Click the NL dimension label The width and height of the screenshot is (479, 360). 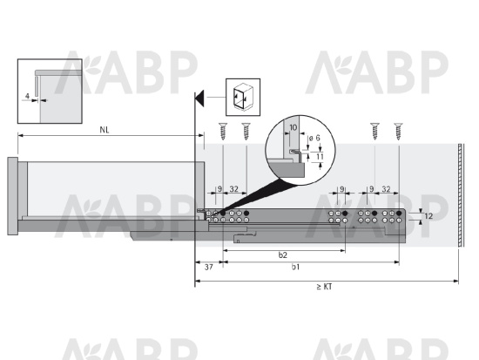(105, 130)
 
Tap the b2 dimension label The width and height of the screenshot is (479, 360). (283, 255)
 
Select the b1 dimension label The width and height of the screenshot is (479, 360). (295, 267)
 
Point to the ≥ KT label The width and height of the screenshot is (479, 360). (324, 287)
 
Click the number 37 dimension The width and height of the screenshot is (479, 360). (209, 268)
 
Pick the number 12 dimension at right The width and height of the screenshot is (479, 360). (428, 216)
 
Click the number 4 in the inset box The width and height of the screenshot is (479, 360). (27, 97)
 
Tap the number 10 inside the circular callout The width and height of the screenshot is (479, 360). (293, 127)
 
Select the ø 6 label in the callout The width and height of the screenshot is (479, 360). (315, 138)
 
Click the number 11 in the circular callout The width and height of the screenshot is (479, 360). (320, 157)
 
